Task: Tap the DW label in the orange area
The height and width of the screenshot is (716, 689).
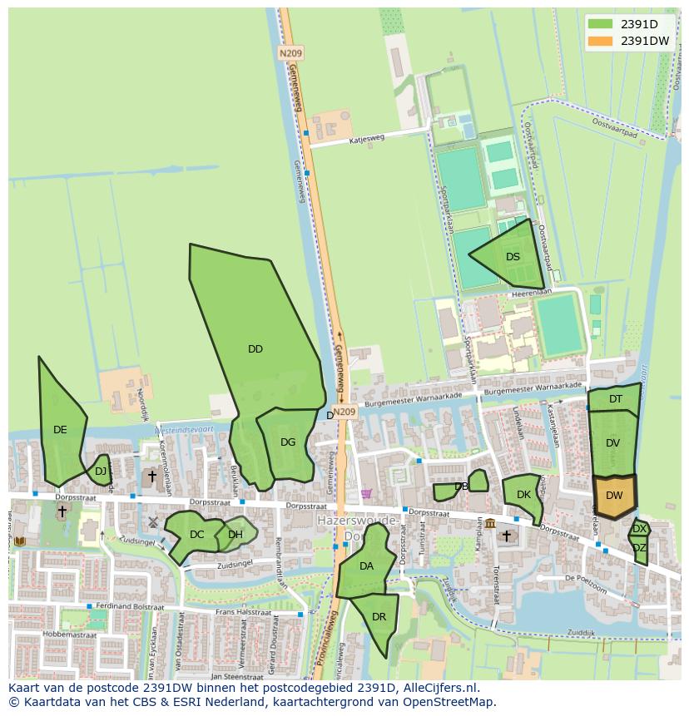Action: (614, 496)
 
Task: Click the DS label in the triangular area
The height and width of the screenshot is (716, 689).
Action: (513, 257)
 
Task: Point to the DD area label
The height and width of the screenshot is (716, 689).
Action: (255, 349)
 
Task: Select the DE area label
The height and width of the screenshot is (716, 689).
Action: (60, 430)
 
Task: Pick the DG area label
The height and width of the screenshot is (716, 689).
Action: (288, 442)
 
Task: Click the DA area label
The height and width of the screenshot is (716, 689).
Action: (366, 566)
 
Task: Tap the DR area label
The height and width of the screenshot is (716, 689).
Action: (379, 617)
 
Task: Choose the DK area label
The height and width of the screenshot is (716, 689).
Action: (523, 495)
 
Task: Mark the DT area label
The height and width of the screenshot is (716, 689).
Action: (616, 399)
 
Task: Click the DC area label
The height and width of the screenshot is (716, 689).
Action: (196, 535)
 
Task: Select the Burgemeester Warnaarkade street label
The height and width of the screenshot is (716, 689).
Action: (533, 388)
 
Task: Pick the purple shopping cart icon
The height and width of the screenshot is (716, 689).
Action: (366, 493)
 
